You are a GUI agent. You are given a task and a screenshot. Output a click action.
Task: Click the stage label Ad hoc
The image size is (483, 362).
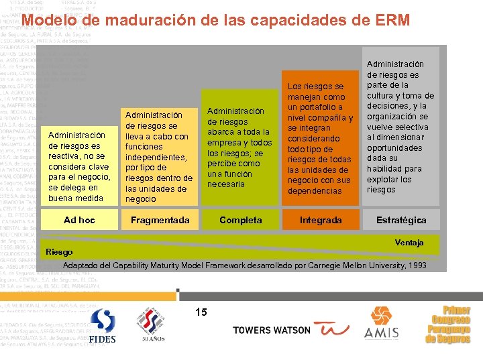coord(79,220)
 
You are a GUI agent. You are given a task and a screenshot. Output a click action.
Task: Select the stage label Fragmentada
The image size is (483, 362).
coord(160,220)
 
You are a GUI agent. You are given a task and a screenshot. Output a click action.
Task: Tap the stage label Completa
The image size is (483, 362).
coord(241,220)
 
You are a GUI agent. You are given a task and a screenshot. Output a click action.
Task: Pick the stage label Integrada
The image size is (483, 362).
coord(321,220)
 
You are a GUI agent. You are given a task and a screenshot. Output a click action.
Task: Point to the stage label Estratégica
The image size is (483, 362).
coord(401,220)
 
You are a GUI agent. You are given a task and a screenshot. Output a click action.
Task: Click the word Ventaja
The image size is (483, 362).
coord(409,242)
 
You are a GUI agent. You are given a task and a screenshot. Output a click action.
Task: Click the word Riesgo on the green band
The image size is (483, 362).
coord(59,252)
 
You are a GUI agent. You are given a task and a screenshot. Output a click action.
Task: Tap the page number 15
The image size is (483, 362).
coord(201,312)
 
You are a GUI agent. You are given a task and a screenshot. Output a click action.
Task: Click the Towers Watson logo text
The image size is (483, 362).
coord(271,330)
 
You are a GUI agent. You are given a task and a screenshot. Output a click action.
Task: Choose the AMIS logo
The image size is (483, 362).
coord(382,324)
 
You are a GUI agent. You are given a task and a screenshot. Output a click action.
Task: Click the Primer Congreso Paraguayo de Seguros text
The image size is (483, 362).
coord(447,325)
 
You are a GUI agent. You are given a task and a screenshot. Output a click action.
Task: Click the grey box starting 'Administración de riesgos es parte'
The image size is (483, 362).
coord(400,127)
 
